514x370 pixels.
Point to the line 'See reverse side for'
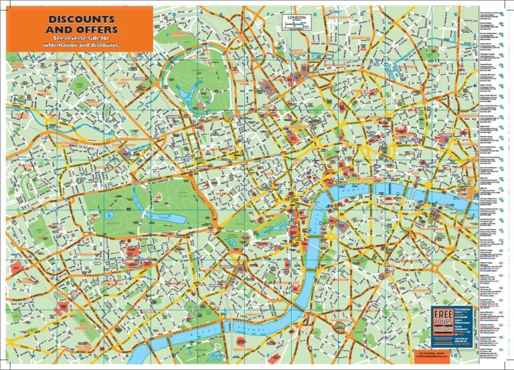81,39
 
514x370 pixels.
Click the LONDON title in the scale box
294,17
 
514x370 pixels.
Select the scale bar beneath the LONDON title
294,23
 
